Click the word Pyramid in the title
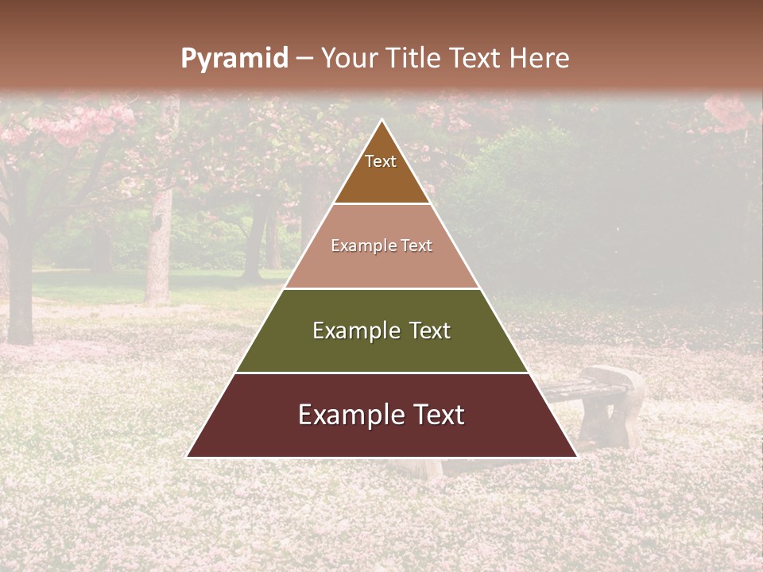click(234, 59)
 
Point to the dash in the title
click(304, 59)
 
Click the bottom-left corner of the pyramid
click(188, 457)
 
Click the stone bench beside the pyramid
click(608, 405)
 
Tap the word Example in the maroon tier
click(346, 415)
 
